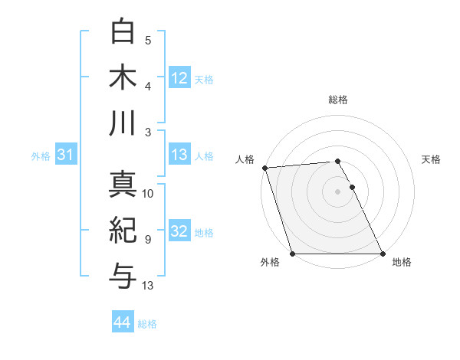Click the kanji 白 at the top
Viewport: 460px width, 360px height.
tap(123, 31)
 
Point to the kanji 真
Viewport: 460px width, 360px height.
tap(123, 185)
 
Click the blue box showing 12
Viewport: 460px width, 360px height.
tap(179, 78)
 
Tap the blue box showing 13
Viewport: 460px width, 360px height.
tap(179, 155)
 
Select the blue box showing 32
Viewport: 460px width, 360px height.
tap(179, 231)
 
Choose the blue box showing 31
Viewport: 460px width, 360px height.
tap(65, 155)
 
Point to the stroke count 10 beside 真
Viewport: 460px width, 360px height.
tap(148, 194)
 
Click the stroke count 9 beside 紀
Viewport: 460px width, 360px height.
tap(148, 240)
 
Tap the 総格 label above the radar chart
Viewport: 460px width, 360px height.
tap(338, 100)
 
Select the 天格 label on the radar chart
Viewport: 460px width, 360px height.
tap(432, 159)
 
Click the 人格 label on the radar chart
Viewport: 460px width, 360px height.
tap(245, 159)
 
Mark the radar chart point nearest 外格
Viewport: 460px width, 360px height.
tap(293, 254)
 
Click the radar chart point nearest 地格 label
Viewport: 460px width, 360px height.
tap(383, 254)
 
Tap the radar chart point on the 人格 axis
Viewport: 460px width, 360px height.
tap(264, 168)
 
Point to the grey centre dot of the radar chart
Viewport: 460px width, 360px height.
tap(338, 191)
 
